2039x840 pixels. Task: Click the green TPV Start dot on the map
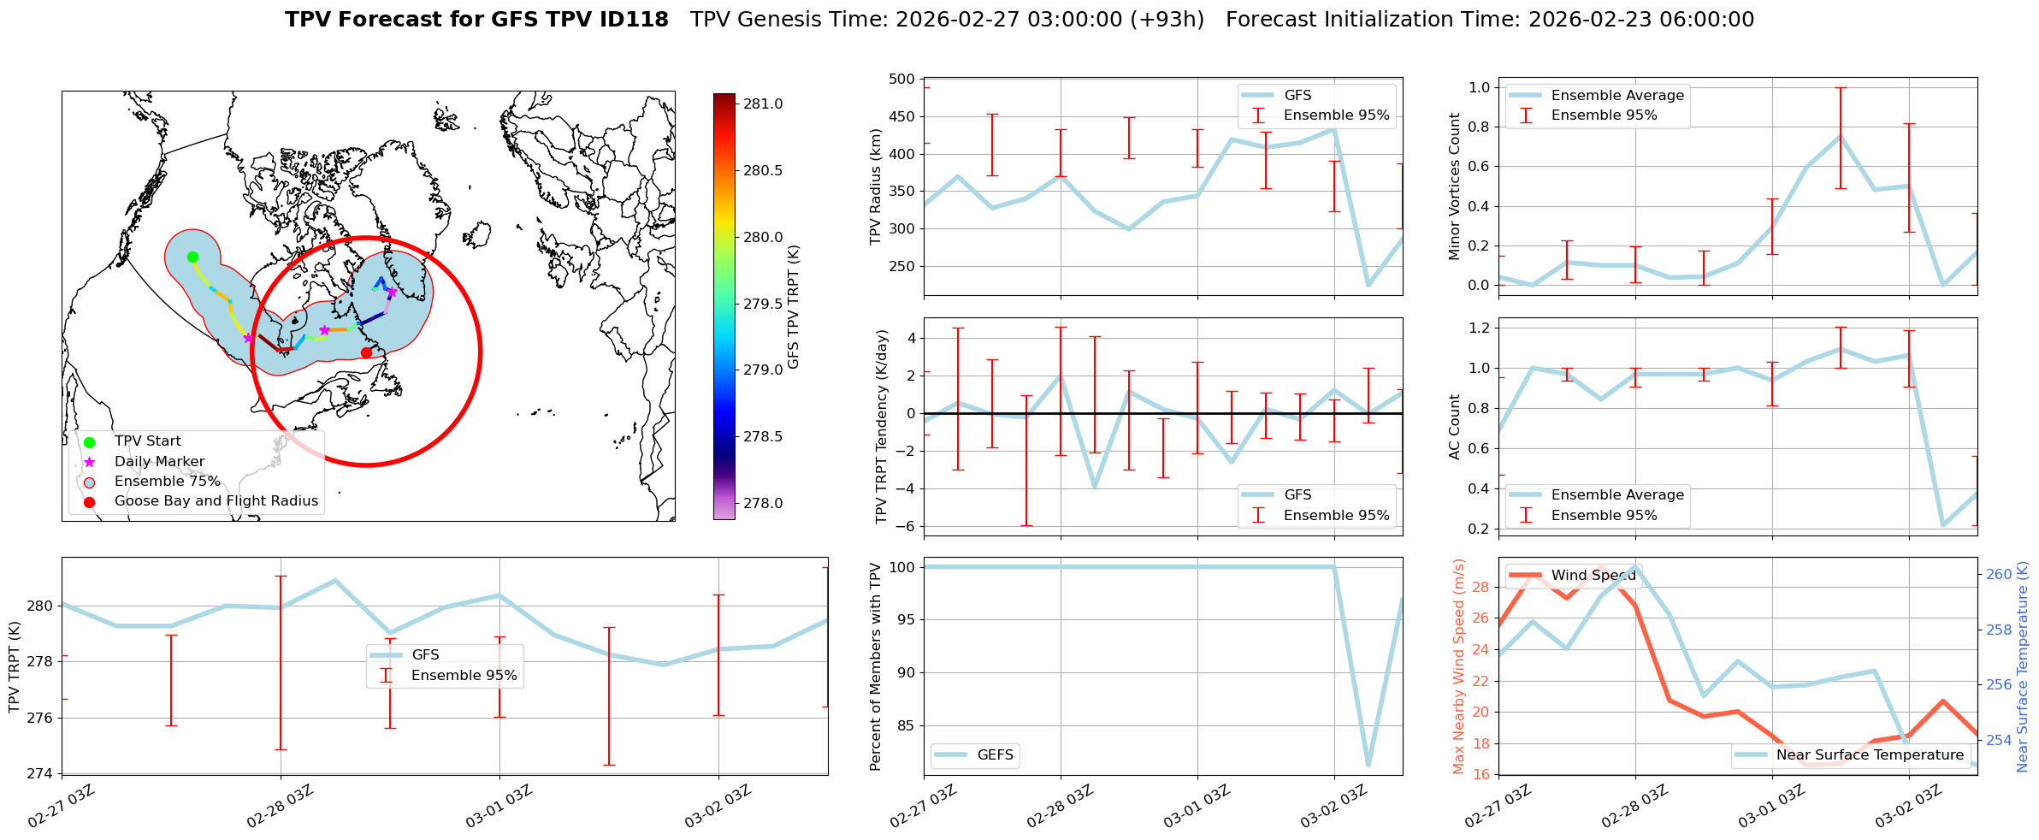click(x=192, y=257)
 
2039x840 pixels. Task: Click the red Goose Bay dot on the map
click(x=366, y=352)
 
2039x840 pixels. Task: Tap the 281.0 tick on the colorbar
click(x=763, y=104)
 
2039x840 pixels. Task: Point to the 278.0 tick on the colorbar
click(x=763, y=503)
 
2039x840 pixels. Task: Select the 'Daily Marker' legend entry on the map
click(x=159, y=461)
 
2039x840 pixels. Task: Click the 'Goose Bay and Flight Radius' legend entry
click(x=216, y=501)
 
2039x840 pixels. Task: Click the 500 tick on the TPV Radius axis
click(x=903, y=80)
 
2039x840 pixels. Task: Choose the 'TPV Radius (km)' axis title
click(x=875, y=186)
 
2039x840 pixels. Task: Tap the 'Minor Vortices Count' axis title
click(x=1454, y=186)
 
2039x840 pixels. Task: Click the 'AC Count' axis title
click(x=1454, y=427)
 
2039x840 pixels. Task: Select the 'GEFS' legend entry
click(x=995, y=755)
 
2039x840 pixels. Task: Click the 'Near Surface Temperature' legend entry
click(x=1870, y=755)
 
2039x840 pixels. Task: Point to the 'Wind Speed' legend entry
click(x=1593, y=576)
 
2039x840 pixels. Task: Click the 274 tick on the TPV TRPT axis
click(x=41, y=774)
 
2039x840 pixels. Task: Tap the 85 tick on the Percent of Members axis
click(x=905, y=726)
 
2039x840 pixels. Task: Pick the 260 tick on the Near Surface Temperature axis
click(x=1999, y=575)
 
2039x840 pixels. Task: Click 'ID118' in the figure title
click(x=634, y=20)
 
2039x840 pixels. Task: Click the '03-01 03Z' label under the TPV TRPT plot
click(x=499, y=807)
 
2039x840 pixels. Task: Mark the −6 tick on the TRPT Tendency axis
click(x=907, y=526)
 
